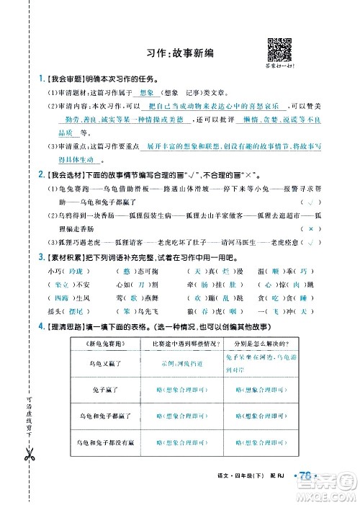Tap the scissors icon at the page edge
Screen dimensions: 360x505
point(28,455)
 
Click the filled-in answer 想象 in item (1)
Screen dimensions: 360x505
point(126,93)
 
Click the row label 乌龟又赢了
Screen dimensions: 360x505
point(106,364)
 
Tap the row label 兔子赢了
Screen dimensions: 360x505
point(106,390)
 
